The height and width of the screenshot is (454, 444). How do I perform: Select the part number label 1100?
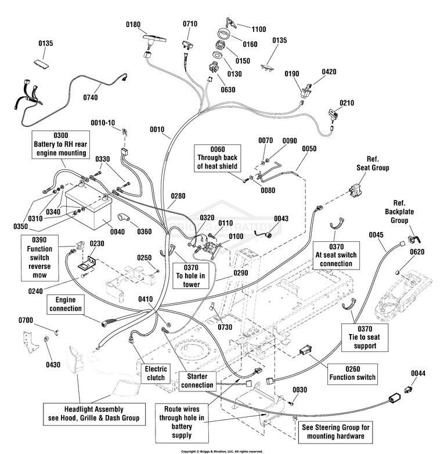coord(259,28)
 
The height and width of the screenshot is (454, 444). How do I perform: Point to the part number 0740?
coord(91,97)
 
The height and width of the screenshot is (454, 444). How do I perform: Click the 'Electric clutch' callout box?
coord(156,373)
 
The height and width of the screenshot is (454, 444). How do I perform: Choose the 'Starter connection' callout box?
coord(197,381)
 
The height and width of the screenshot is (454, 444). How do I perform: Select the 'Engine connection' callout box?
coord(66,304)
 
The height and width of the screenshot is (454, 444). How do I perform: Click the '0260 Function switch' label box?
coord(352,373)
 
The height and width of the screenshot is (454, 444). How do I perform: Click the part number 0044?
coord(418,373)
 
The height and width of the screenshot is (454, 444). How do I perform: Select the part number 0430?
coord(53,365)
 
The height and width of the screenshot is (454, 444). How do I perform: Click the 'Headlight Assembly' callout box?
coord(93,413)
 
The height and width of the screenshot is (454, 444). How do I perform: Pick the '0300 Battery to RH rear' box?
coord(61,144)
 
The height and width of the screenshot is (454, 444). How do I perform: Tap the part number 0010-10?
coord(103,123)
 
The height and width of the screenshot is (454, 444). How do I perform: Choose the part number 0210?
coord(346,103)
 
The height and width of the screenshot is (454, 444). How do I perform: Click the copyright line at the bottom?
coord(222,451)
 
